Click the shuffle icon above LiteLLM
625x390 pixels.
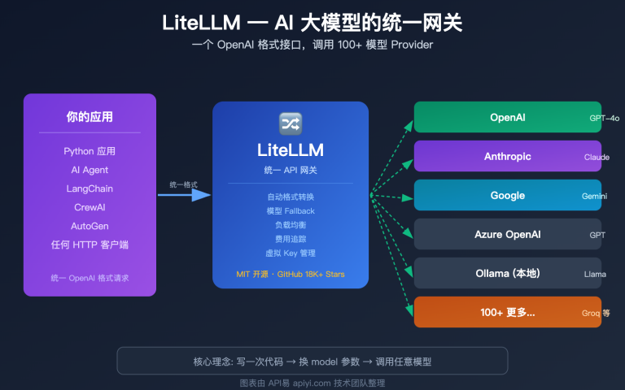[x=291, y=123]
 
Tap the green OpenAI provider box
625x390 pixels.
[x=507, y=117]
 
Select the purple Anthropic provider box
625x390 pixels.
[x=507, y=156]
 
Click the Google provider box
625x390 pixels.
[x=507, y=196]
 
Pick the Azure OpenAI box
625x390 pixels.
[x=507, y=235]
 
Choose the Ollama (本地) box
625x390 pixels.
[x=507, y=273]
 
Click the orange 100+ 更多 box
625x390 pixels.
[x=507, y=313]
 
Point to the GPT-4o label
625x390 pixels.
[x=604, y=119]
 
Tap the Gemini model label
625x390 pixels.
[x=594, y=197]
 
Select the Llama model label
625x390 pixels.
[x=595, y=275]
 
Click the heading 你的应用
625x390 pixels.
[x=90, y=116]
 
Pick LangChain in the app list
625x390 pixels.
[x=90, y=188]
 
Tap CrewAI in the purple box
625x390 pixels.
[x=90, y=207]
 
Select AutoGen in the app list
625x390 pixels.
[x=90, y=226]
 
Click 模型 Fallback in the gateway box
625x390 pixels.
[x=291, y=210]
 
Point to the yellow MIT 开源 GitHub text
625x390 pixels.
[x=291, y=274]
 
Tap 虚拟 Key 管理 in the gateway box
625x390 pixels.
[x=291, y=253]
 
